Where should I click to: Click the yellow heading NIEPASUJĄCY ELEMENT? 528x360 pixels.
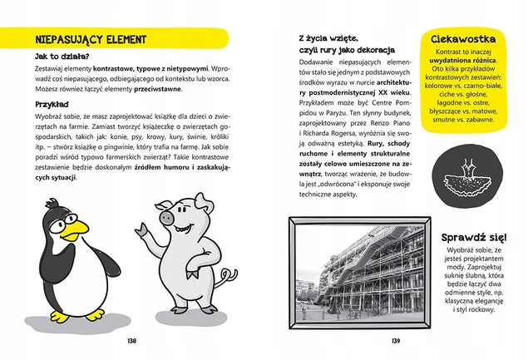(86, 39)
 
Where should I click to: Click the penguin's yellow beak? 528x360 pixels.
(76, 226)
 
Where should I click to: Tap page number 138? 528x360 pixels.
(131, 341)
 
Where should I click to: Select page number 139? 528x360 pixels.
(396, 341)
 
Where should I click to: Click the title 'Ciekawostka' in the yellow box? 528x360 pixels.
(466, 40)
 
